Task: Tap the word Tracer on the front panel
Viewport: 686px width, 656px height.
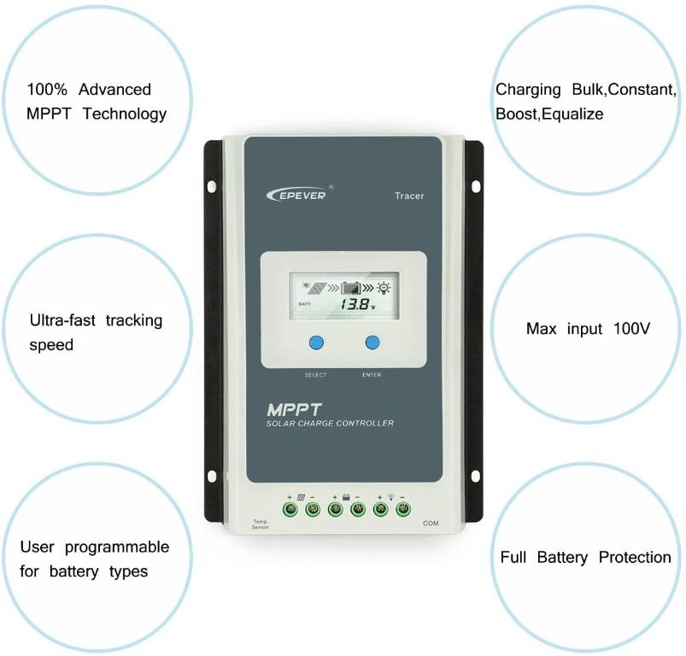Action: (x=409, y=196)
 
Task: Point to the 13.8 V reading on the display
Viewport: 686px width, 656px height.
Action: (x=356, y=303)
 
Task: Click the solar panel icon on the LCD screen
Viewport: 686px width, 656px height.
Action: (x=316, y=289)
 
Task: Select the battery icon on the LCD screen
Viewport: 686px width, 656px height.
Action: (x=351, y=289)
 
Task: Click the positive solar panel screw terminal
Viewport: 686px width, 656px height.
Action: (x=290, y=510)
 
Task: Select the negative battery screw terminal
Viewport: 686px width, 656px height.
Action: (x=358, y=510)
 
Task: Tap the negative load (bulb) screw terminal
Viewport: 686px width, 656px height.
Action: (x=403, y=510)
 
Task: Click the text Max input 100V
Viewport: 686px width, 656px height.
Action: (x=588, y=329)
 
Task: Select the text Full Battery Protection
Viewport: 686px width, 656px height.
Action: (x=585, y=558)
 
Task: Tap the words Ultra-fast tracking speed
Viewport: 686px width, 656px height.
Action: (x=95, y=332)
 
